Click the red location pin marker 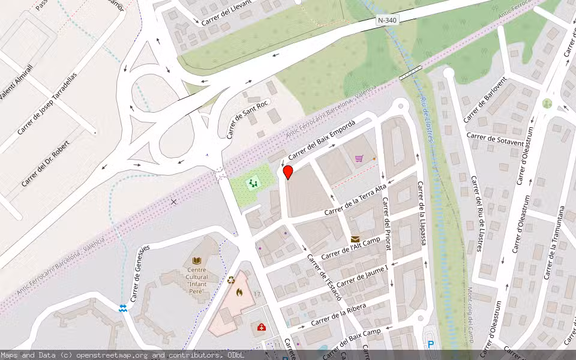[288, 172]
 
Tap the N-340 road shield [387, 20]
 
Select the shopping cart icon [359, 158]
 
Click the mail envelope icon [355, 239]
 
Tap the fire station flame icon [239, 293]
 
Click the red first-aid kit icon [262, 327]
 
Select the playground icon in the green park [253, 182]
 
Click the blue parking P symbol [430, 345]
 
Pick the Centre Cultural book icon [197, 260]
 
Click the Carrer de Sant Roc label [247, 119]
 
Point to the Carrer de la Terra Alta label [356, 200]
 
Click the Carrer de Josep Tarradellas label [47, 103]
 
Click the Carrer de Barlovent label [485, 100]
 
